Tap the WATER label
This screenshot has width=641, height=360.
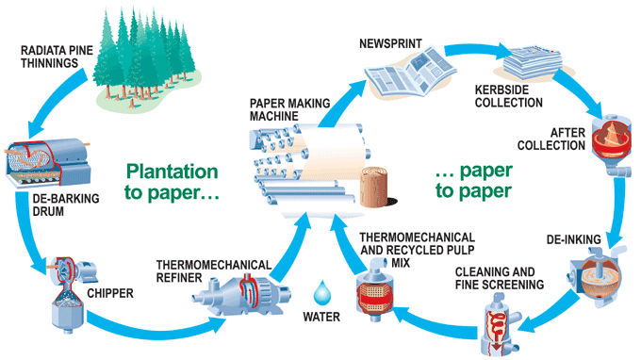click(x=322, y=318)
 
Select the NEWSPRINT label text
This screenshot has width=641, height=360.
click(x=388, y=43)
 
